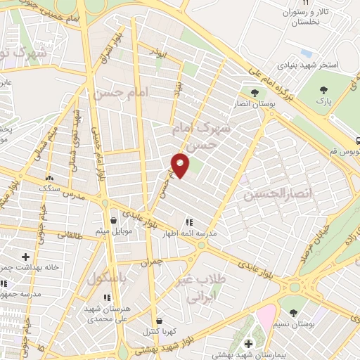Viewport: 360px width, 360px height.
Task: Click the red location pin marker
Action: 181,166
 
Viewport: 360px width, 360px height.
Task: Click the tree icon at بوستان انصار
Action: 254,92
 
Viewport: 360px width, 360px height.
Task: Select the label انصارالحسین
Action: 266,193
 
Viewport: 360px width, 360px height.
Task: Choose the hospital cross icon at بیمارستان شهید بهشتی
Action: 248,343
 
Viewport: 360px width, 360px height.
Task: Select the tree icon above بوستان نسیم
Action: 292,313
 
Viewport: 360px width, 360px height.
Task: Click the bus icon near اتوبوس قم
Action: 357,141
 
